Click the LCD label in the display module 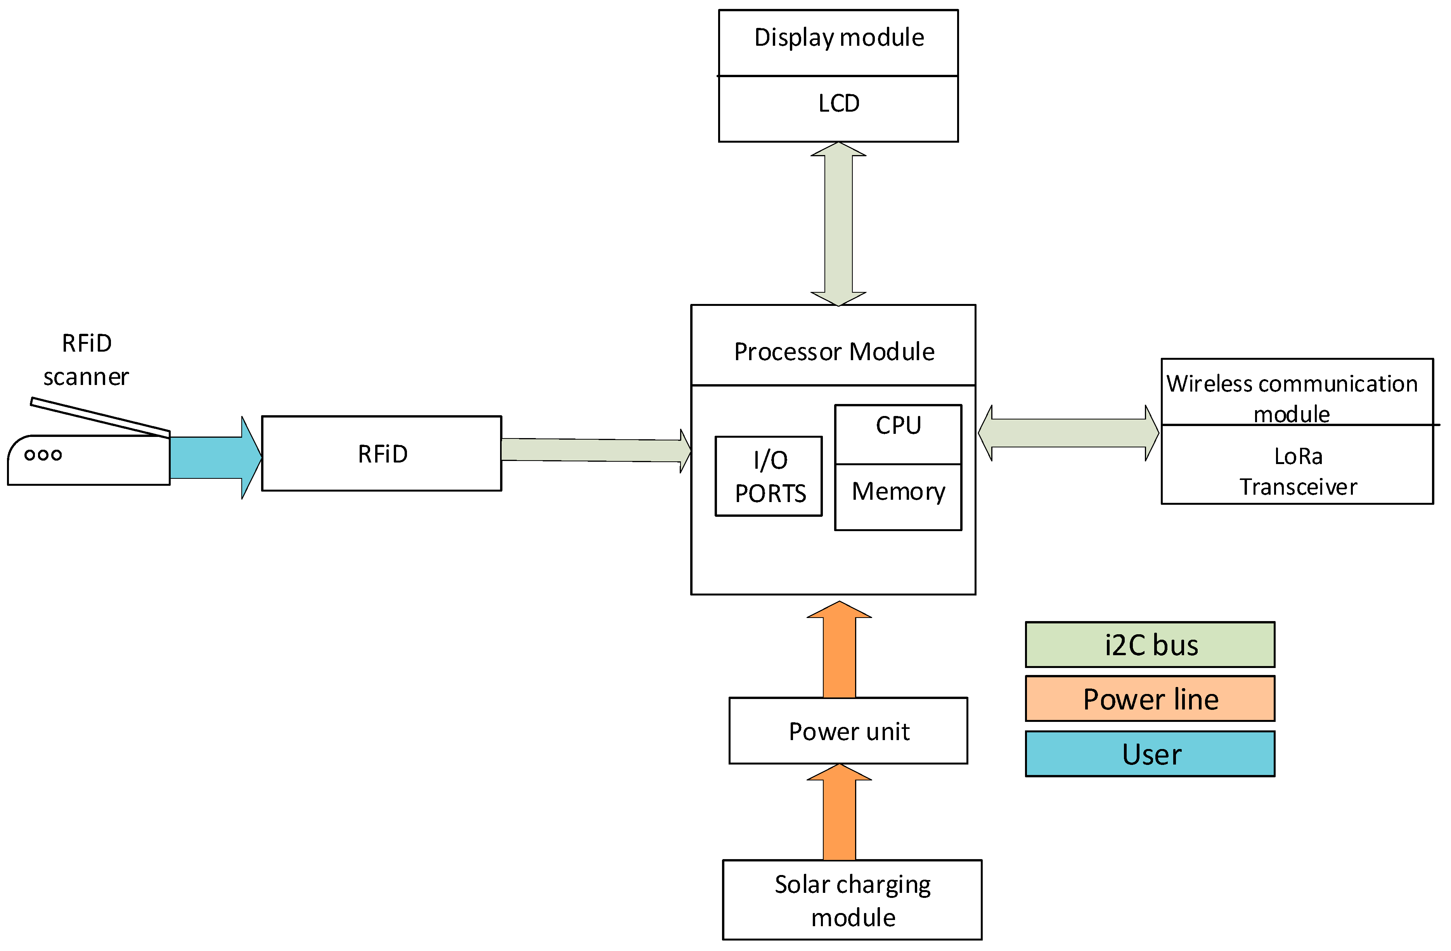[x=839, y=104]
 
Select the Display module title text [x=839, y=38]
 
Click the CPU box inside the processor [x=898, y=434]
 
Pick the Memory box [x=898, y=497]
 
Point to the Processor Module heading [x=834, y=352]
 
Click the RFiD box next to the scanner [x=382, y=453]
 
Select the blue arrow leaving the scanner [x=216, y=457]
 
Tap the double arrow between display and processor [x=838, y=224]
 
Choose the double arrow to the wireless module [x=1068, y=433]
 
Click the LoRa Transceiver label [x=1298, y=471]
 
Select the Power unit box [x=848, y=730]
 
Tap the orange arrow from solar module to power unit [x=840, y=812]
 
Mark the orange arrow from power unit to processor [x=840, y=649]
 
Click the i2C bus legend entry [x=1150, y=645]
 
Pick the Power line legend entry [x=1150, y=699]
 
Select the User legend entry [x=1150, y=754]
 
